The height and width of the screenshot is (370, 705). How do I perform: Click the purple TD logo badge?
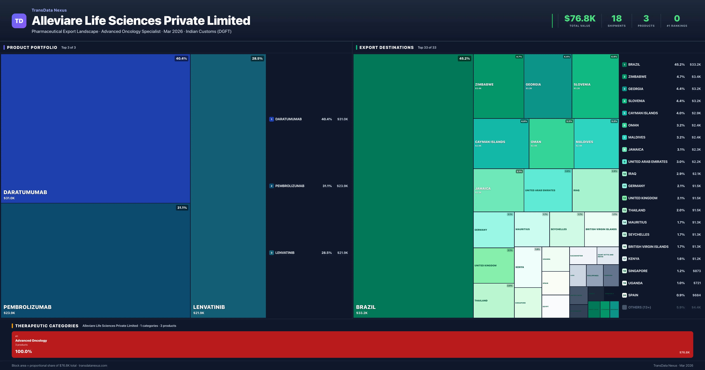(19, 21)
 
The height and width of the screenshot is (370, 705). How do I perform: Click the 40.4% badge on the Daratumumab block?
(181, 59)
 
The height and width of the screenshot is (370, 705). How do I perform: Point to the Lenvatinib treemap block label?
(209, 307)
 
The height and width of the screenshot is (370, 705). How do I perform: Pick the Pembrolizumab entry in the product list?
(289, 186)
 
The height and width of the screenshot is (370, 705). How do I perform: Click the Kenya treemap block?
(528, 267)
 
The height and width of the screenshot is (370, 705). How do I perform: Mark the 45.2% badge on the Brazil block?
(464, 59)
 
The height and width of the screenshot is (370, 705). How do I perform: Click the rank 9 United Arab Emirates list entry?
(648, 162)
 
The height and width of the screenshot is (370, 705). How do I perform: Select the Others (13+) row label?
(639, 307)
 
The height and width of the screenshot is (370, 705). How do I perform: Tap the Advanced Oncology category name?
(31, 340)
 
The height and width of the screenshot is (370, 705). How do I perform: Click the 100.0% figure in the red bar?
(23, 351)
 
